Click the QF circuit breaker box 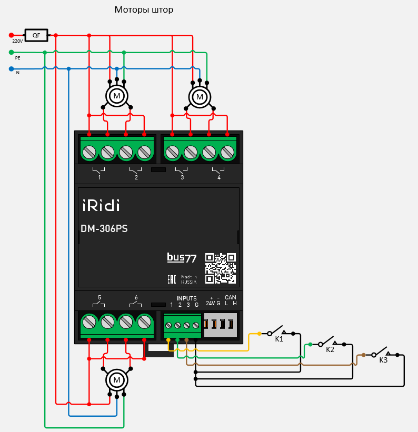[36, 35]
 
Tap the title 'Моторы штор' [144, 10]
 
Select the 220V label [17, 41]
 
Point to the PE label [17, 58]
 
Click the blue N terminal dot [11, 68]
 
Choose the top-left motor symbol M [117, 96]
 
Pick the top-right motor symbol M [200, 97]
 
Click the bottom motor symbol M [117, 379]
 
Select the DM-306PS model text [104, 229]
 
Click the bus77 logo [182, 258]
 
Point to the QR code [220, 268]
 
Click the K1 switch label [279, 339]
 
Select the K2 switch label [330, 349]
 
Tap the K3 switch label [383, 360]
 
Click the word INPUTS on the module [186, 298]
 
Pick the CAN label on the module [231, 297]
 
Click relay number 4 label [219, 178]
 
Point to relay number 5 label [99, 297]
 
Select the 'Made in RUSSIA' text [189, 279]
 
